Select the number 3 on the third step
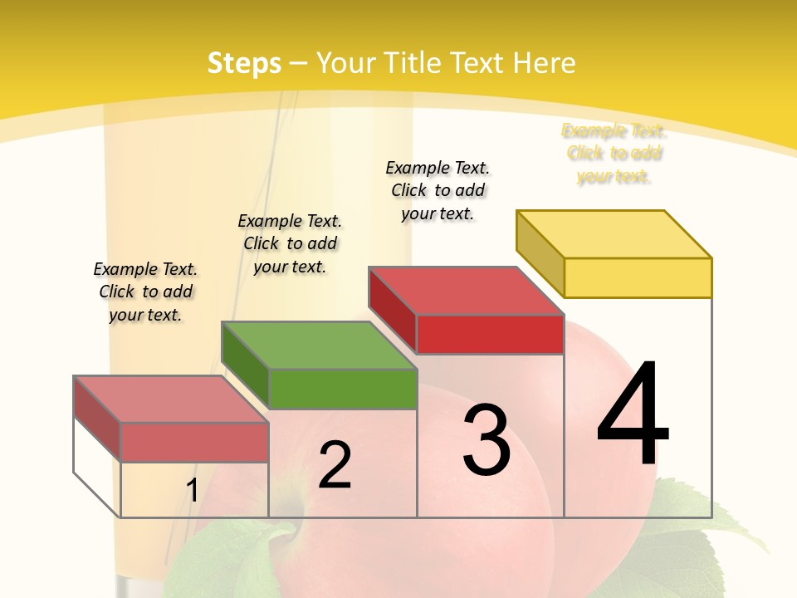[487, 440]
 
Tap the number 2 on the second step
[335, 465]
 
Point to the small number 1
[192, 491]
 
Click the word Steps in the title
[244, 63]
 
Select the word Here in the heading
[545, 63]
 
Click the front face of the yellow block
[638, 277]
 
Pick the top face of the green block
[319, 345]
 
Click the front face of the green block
[343, 389]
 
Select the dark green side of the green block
[246, 366]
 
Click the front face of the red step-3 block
[490, 334]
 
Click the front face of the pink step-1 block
[194, 442]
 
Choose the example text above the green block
[290, 243]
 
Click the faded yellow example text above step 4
[614, 153]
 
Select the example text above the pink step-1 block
[145, 292]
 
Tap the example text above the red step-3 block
[438, 190]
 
